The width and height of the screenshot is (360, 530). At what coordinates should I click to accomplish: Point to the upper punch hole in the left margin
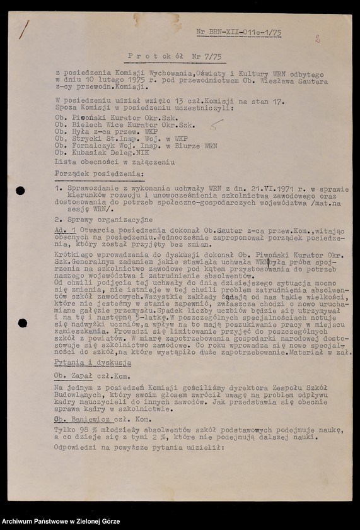tap(20, 191)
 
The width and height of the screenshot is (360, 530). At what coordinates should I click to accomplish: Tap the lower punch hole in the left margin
tap(22, 323)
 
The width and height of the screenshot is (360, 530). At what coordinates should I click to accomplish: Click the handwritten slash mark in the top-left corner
tap(24, 29)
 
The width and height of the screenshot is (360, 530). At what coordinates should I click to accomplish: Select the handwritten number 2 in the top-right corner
tap(318, 38)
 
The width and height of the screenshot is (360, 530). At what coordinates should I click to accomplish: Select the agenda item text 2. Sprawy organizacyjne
tap(103, 220)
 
